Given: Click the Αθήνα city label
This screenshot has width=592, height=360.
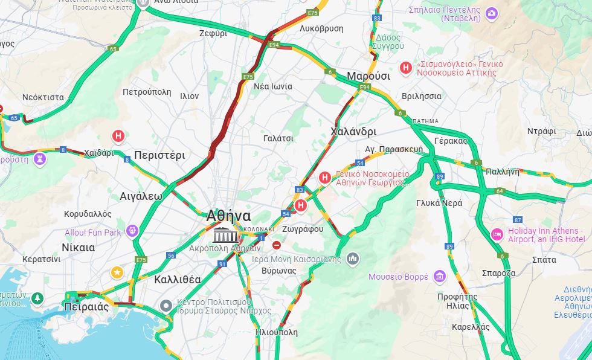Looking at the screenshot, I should point(228,216).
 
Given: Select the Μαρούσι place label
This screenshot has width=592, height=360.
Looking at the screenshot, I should point(368,76).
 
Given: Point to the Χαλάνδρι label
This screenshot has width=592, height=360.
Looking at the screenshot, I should point(353,132).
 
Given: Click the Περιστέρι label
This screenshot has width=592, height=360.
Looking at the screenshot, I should point(159,155).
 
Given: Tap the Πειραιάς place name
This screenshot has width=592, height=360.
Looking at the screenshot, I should point(86,307).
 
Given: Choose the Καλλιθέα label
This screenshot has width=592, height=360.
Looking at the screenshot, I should point(178,279).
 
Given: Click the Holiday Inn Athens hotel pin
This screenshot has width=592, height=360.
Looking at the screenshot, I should point(497,234).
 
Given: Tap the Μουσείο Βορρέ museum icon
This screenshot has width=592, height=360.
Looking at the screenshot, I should point(439,277).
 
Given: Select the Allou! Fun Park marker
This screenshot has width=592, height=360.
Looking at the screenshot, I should point(132,231).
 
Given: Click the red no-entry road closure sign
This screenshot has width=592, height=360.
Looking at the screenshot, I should point(277,245).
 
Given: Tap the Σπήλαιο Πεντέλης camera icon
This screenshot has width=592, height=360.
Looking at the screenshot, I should point(492,13).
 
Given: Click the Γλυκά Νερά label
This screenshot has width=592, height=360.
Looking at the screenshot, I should point(439,203).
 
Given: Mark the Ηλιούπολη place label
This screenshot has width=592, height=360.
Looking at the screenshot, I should point(277,332).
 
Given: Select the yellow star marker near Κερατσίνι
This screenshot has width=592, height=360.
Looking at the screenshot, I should point(117,273).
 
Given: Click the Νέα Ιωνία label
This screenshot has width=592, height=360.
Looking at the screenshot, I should point(273,86).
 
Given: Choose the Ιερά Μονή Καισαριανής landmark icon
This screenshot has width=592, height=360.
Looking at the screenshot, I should point(353,259).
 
